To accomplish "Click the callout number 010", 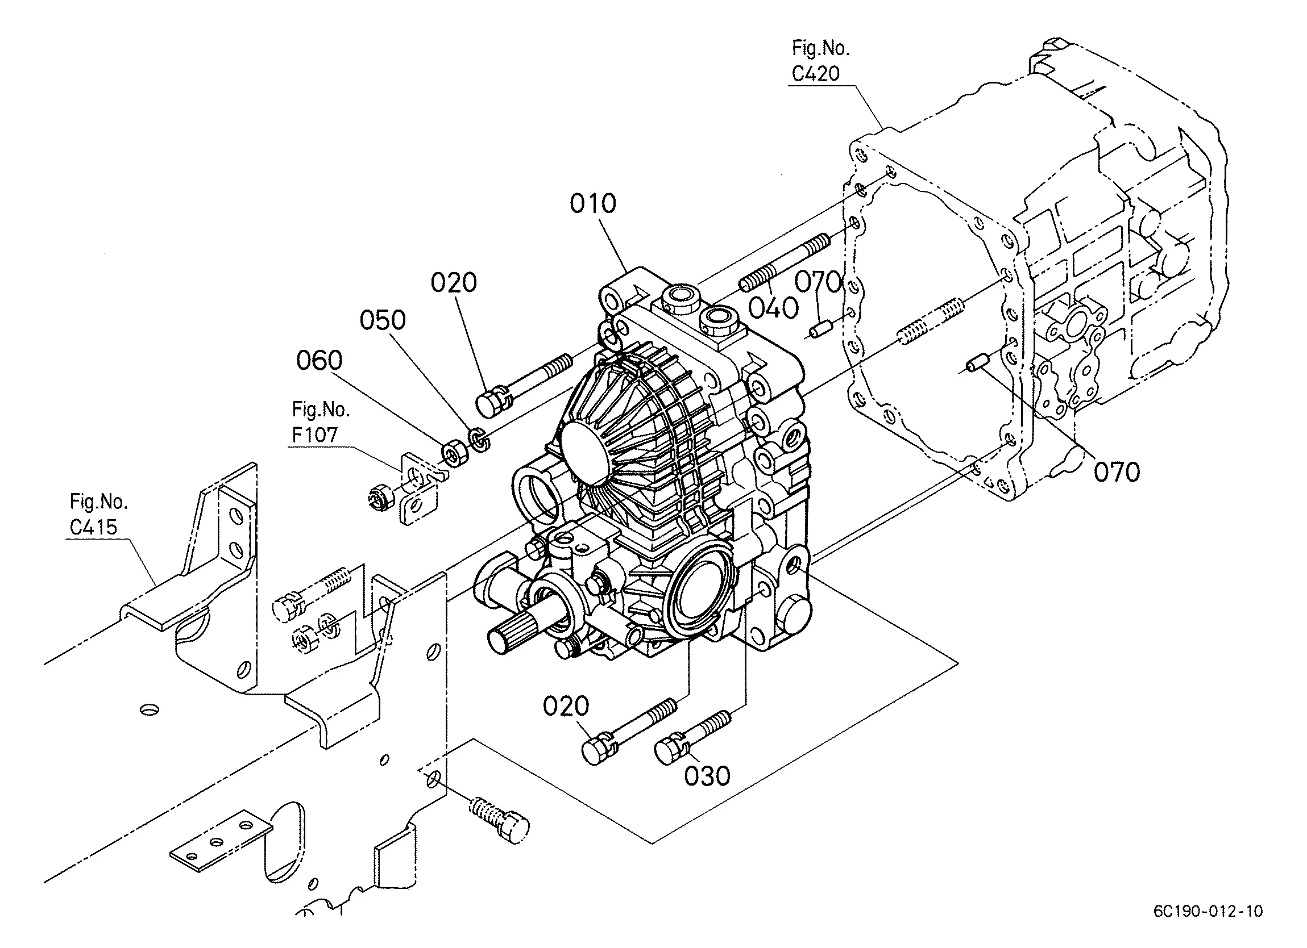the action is coord(593,203).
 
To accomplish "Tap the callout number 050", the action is coord(383,320).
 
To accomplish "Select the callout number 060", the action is coord(320,361).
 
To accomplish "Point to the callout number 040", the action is coord(773,308).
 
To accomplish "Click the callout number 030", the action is coord(707,776).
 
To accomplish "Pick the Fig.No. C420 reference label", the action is coord(820,60).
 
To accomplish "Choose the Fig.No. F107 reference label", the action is coord(321,422).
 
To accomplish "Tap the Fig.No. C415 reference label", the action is coord(98,514).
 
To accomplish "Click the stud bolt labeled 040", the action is coord(784,262).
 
